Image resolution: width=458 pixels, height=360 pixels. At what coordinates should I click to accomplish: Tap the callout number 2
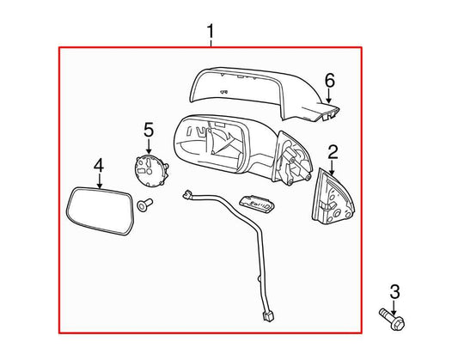(x=333, y=152)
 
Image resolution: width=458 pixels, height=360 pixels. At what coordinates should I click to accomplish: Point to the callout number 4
(x=99, y=165)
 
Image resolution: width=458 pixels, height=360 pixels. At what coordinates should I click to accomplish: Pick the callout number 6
(x=327, y=82)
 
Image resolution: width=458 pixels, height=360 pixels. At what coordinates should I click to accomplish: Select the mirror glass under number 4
(x=99, y=210)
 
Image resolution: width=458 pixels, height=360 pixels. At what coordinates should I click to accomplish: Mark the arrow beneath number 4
(x=99, y=180)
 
